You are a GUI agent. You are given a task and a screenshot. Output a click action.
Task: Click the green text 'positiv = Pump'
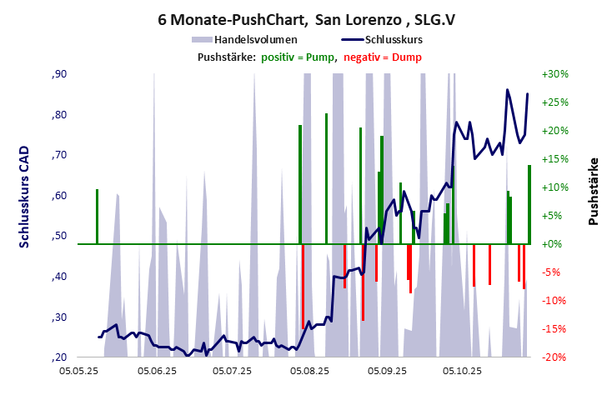(298, 57)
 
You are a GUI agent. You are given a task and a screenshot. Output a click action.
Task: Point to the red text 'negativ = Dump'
(383, 57)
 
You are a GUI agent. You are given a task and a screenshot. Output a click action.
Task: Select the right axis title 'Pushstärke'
(594, 191)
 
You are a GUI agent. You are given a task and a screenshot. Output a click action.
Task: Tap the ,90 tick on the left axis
(59, 74)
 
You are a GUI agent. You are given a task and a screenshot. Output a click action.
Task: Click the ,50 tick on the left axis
(59, 237)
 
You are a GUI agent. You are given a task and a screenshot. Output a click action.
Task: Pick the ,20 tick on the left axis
(59, 357)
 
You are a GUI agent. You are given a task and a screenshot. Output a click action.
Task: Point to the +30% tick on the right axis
(554, 74)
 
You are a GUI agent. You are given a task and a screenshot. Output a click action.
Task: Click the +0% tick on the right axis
(554, 244)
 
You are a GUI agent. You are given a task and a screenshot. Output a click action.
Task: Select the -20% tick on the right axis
(554, 357)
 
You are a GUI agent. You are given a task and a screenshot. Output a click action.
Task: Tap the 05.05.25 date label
(88, 371)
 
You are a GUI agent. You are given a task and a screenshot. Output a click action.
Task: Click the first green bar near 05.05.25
(97, 217)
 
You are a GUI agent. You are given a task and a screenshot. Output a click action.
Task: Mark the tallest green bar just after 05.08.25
(326, 178)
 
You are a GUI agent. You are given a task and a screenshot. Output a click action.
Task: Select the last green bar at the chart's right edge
(529, 204)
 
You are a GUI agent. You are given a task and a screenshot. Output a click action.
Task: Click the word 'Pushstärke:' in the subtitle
(226, 57)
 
